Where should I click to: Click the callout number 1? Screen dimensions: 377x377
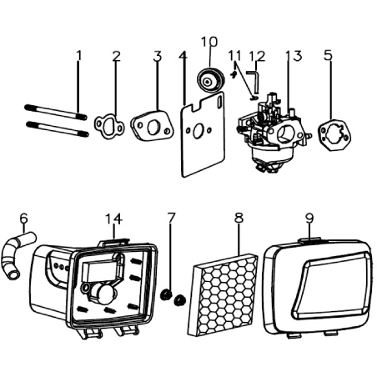[x=79, y=55]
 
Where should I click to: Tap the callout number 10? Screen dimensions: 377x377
[x=209, y=42]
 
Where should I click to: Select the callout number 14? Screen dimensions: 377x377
[x=113, y=219]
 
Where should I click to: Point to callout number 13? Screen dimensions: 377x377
[x=294, y=56]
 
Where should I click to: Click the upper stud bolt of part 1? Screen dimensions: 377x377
[x=56, y=112]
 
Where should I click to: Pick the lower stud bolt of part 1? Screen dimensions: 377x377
[x=58, y=128]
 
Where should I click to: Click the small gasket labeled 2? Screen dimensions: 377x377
[x=109, y=127]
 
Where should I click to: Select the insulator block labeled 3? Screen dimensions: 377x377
[x=152, y=127]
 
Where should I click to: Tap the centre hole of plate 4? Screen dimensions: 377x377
[x=198, y=131]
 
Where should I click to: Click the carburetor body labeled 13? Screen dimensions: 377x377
[x=273, y=132]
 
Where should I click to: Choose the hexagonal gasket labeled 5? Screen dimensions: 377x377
[x=334, y=135]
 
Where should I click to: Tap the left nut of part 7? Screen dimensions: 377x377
[x=166, y=294]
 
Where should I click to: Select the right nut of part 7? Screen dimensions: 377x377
[x=179, y=300]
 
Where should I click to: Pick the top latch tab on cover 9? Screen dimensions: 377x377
[x=309, y=239]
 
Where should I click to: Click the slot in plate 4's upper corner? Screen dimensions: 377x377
[x=219, y=100]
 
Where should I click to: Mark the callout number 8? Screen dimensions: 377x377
[x=239, y=218]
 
